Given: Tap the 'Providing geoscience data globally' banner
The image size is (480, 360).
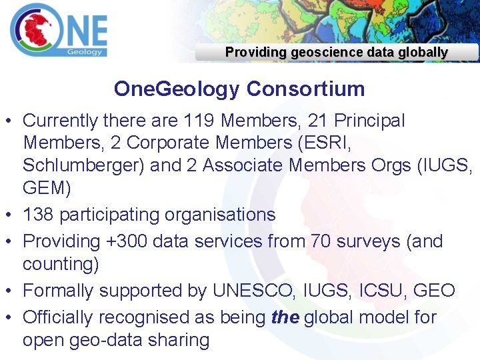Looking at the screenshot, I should tap(337, 52).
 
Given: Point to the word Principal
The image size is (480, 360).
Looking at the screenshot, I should tap(369, 121).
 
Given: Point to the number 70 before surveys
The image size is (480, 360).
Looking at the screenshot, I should tap(321, 241).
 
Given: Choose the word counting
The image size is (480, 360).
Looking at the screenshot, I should tap(61, 264).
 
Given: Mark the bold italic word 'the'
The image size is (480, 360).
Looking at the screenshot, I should tap(285, 317).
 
